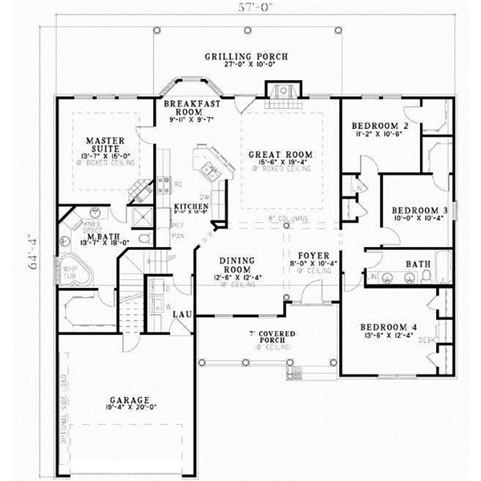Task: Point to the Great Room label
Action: pyautogui.click(x=269, y=155)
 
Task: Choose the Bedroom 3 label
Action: pyautogui.click(x=418, y=211)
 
